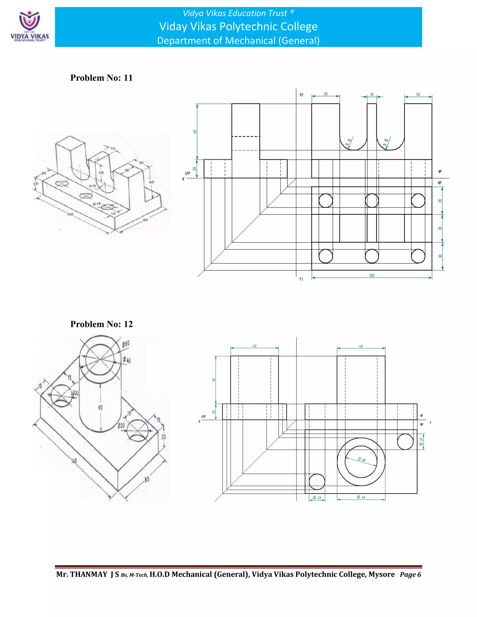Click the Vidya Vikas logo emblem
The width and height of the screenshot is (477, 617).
(29, 21)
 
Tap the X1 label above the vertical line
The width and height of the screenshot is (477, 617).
(301, 95)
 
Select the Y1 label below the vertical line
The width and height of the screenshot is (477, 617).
(301, 279)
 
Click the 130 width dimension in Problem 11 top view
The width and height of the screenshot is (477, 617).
(371, 275)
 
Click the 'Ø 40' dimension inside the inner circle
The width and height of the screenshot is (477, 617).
(361, 459)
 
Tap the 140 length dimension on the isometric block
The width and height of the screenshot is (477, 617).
(74, 461)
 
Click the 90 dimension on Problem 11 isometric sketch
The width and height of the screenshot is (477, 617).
(145, 220)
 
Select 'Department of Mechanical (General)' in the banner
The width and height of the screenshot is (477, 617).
(238, 41)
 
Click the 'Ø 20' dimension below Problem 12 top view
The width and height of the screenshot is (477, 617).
(317, 498)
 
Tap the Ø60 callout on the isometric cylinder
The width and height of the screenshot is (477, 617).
(126, 344)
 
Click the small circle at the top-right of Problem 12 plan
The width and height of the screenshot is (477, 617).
(405, 441)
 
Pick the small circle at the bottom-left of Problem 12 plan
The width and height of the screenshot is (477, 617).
(317, 482)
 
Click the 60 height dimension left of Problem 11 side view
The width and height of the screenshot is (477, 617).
(195, 132)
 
